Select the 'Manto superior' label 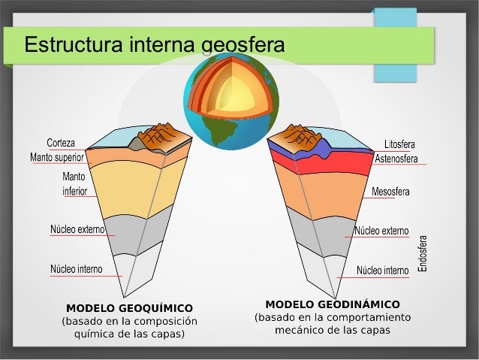coord(56,158)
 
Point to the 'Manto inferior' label coord(74,184)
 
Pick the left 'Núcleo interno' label coord(77,269)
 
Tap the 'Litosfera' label coord(399,144)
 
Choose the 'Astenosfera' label coord(396,159)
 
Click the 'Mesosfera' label coord(390,192)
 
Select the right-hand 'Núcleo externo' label coord(381,230)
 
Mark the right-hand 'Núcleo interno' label coord(382,270)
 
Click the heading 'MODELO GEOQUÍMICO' coord(129,308)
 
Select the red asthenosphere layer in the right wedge coord(338,163)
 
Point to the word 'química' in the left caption coord(94,333)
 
